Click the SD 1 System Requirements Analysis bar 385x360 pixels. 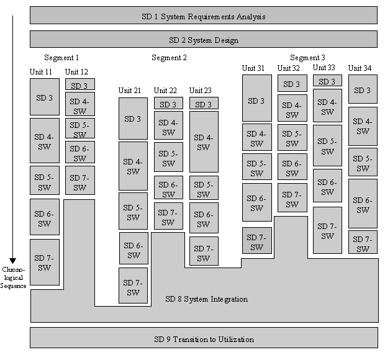click(203, 16)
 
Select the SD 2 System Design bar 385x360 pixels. click(203, 40)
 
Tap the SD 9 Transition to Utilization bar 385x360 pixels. click(203, 338)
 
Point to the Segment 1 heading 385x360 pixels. click(61, 58)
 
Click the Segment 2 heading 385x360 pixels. click(169, 58)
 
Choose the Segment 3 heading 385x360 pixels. click(307, 58)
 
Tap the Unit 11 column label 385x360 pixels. click(41, 72)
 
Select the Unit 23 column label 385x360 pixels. click(201, 91)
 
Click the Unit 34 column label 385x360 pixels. click(360, 68)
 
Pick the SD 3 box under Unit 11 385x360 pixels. click(44, 97)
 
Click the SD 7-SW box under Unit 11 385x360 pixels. click(44, 263)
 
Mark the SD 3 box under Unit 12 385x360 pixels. click(79, 84)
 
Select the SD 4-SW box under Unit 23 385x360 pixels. click(204, 142)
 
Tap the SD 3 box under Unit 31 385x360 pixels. click(256, 100)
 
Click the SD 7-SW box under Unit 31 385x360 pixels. click(256, 241)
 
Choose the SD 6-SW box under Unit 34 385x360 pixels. click(363, 204)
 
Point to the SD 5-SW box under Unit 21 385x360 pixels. click(133, 212)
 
